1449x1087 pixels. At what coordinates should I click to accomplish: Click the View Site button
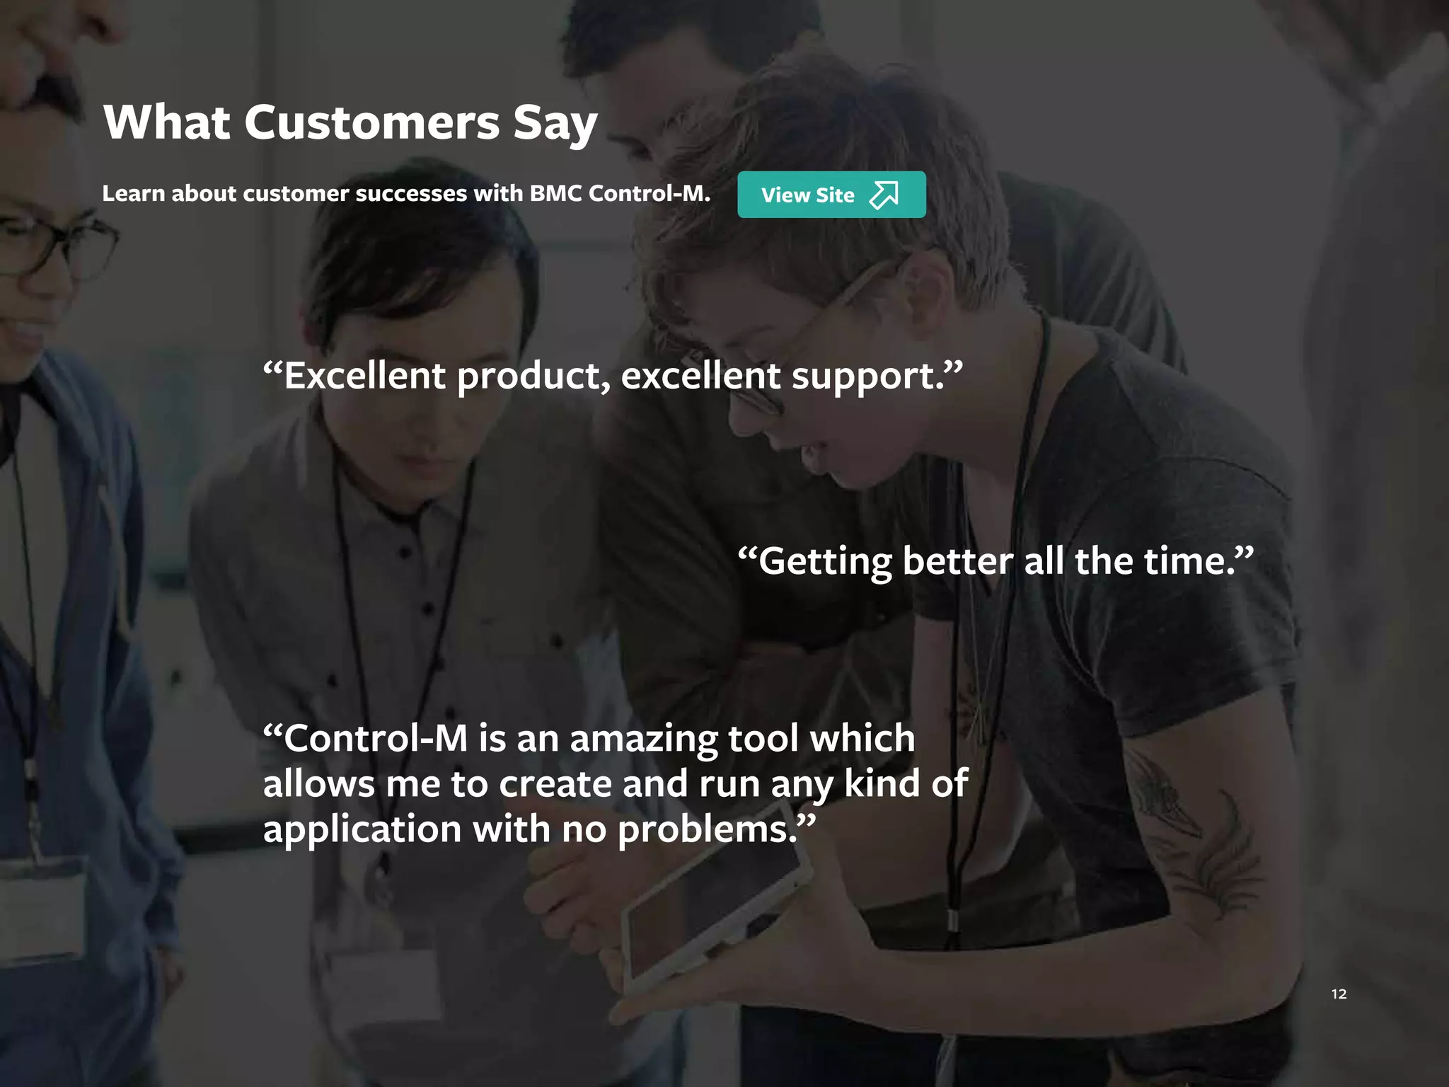pyautogui.click(x=831, y=195)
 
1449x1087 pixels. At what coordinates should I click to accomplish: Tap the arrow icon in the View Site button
pyautogui.click(x=884, y=195)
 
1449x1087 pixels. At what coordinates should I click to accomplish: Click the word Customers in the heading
pyautogui.click(x=372, y=122)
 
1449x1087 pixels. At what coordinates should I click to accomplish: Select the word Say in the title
pyautogui.click(x=555, y=124)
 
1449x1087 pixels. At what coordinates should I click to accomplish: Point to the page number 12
pyautogui.click(x=1339, y=994)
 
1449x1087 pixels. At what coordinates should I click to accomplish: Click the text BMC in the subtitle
pyautogui.click(x=556, y=193)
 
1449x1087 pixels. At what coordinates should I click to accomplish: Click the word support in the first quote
pyautogui.click(x=867, y=376)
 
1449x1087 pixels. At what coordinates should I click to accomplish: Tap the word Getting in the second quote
pyautogui.click(x=824, y=562)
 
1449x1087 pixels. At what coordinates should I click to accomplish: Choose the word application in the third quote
pyautogui.click(x=362, y=829)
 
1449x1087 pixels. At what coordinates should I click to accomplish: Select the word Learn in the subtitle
pyautogui.click(x=133, y=193)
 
